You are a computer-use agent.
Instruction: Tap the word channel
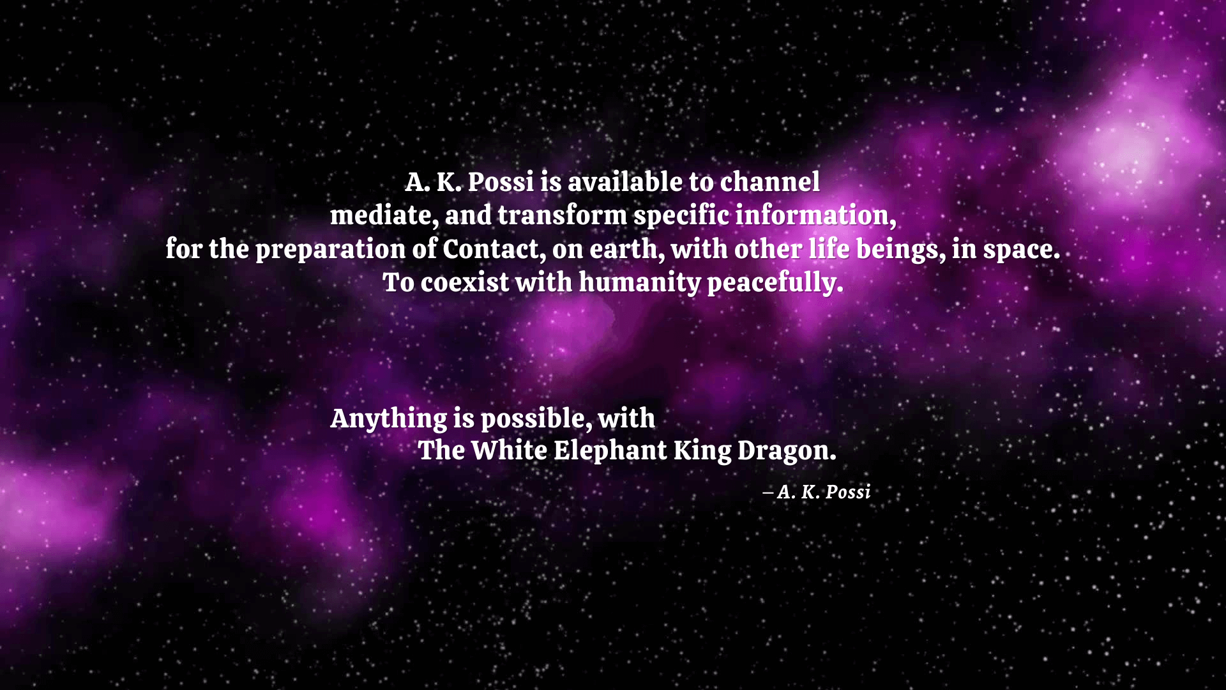(x=769, y=182)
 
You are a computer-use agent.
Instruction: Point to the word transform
(x=562, y=215)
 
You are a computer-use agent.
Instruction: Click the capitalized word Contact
(x=494, y=249)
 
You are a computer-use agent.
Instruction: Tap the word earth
(x=626, y=249)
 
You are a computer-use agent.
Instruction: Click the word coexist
(x=464, y=282)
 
